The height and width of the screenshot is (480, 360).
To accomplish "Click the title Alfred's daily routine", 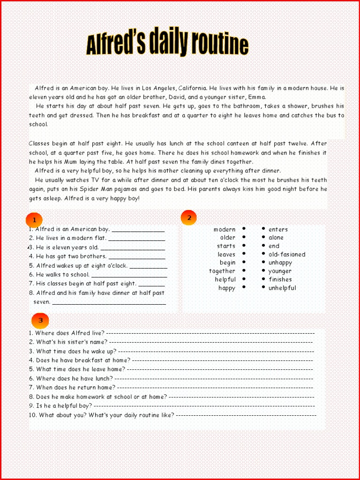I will [167, 44].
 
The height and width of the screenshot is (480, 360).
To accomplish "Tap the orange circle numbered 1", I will [34, 220].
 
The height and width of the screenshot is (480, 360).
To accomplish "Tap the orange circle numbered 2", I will [188, 217].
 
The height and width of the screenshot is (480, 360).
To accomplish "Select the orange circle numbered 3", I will [40, 320].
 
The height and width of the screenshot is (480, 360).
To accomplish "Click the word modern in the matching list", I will [225, 229].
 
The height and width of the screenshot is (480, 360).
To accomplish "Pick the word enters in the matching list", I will [278, 229].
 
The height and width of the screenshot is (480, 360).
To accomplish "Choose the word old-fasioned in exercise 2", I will [286, 255].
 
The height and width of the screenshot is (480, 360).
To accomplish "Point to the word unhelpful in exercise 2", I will [282, 288].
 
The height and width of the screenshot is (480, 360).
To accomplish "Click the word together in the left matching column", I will [222, 271].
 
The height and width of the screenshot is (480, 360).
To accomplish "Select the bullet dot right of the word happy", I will [244, 287].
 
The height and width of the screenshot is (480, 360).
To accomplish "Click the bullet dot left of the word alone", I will [264, 237].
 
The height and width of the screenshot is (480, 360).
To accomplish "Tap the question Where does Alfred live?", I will [70, 333].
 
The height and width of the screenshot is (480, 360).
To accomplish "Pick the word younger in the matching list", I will [280, 271].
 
